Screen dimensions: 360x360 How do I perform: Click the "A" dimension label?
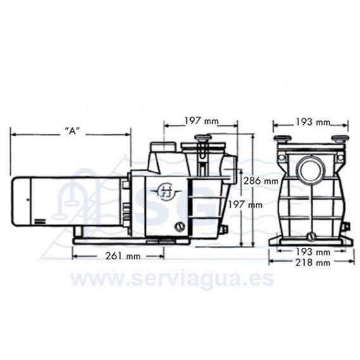[x=72, y=131]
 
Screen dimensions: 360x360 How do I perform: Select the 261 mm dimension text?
[x=123, y=256]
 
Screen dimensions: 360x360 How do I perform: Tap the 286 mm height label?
[x=261, y=181]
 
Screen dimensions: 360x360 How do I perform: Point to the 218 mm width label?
[x=312, y=262]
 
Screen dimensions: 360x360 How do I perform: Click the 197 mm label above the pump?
[x=202, y=121]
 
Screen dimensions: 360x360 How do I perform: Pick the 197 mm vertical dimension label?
[x=245, y=204]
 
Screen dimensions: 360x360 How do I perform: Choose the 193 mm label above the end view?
[x=312, y=122]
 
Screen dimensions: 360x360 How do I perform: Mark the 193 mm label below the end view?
[x=312, y=252]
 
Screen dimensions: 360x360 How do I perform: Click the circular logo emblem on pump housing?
[x=164, y=190]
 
